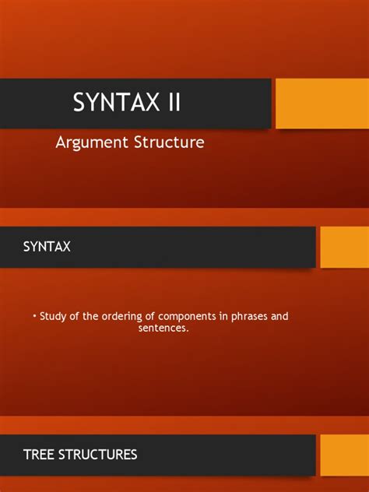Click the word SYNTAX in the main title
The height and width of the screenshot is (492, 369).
point(113,103)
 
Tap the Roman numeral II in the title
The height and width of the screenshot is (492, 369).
point(170,103)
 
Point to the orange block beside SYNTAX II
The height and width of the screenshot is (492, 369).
point(322,103)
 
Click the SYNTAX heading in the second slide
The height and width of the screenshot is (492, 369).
point(46,247)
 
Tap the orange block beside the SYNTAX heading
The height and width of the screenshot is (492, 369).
point(343,247)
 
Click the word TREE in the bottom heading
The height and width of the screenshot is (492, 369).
point(39,455)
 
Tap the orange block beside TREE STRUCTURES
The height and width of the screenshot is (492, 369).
point(343,455)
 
